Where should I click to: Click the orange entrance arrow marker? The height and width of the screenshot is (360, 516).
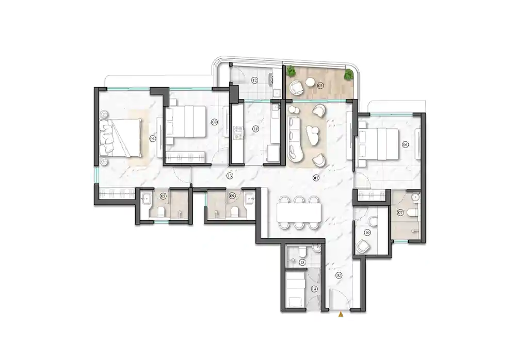point(340,313)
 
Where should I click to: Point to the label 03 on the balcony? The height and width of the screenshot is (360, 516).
point(320,85)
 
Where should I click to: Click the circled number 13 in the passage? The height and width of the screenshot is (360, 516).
point(229,176)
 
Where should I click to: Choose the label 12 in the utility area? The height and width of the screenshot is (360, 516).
point(254,80)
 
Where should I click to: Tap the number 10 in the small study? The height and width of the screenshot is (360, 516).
point(367,233)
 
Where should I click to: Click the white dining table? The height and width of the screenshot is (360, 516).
point(299,212)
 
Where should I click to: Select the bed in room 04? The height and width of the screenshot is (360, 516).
point(124,137)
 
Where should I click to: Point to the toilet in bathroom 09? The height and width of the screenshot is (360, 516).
point(235,213)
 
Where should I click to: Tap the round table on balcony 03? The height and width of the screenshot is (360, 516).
point(310,82)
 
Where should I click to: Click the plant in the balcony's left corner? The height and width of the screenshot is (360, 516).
point(292,71)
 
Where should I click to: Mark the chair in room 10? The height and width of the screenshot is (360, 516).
point(363,247)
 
